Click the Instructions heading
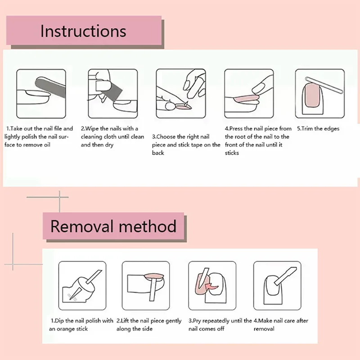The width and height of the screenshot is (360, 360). point(83,31)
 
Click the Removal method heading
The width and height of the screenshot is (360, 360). point(113,226)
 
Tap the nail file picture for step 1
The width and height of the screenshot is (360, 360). point(41,93)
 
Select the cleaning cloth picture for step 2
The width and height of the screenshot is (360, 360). point(112,93)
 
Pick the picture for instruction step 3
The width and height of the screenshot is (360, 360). point(180,93)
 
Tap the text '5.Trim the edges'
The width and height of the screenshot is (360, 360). point(318,129)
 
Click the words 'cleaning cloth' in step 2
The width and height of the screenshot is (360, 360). point(101,137)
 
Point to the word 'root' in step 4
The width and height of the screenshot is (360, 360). point(240,137)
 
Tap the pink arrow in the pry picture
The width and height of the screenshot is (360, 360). point(210,285)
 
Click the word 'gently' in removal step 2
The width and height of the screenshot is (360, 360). point(173,321)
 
